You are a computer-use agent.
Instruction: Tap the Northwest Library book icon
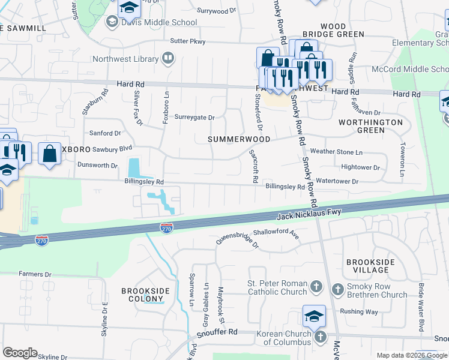[169, 59]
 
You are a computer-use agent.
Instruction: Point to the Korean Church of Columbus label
[285, 338]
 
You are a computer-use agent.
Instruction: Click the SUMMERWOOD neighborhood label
[239, 139]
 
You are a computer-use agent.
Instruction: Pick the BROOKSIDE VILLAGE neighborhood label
[370, 267]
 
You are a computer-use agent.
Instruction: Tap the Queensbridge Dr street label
[238, 241]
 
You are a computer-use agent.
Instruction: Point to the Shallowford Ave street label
[276, 232]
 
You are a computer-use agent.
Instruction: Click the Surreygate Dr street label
[194, 118]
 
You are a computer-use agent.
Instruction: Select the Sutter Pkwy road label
[188, 41]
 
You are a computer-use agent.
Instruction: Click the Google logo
[20, 352]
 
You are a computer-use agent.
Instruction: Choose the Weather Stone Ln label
[336, 152]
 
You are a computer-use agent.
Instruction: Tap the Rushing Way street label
[359, 311]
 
